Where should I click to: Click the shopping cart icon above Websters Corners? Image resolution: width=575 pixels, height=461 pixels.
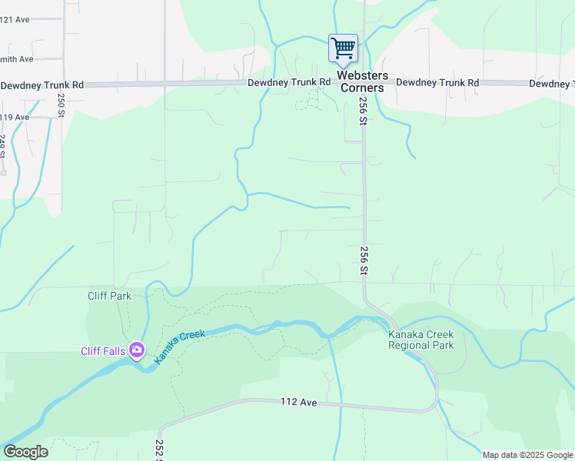click(343, 48)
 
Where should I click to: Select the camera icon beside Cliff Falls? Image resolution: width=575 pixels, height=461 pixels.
click(138, 351)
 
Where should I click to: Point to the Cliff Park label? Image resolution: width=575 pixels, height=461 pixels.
click(109, 295)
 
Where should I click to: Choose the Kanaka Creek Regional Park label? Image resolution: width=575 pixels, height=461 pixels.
click(421, 340)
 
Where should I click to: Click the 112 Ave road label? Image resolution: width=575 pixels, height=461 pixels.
click(299, 402)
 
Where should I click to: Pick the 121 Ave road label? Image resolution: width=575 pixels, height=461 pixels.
click(15, 19)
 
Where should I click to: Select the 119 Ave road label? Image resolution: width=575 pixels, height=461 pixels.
click(15, 117)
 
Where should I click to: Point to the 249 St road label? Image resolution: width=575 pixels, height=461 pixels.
click(2, 146)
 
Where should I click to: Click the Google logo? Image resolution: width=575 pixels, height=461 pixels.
click(25, 452)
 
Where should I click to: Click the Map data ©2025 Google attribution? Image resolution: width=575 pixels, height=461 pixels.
click(527, 455)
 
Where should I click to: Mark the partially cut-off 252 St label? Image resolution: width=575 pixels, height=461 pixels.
click(159, 450)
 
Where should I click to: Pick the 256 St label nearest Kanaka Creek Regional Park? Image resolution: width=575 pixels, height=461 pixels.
click(363, 260)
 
